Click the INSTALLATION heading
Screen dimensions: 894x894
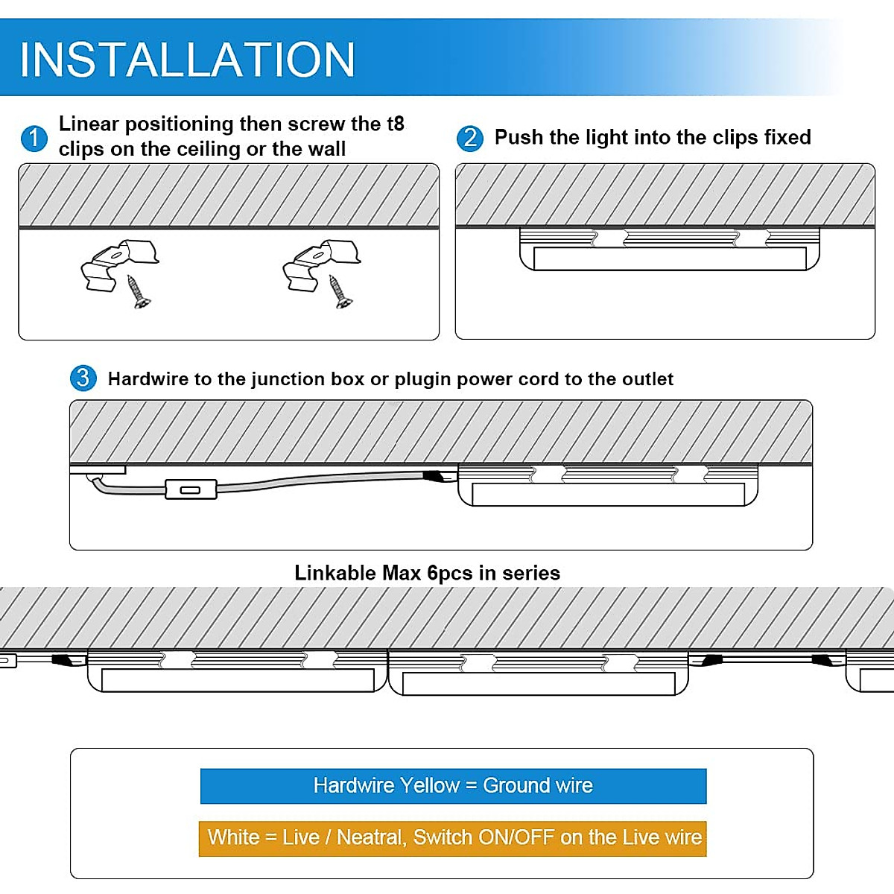[x=187, y=60]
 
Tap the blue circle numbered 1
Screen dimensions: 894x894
[x=34, y=139]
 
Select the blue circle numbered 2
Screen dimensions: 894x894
[x=469, y=138]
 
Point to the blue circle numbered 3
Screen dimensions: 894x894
[x=83, y=378]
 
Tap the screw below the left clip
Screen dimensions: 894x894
[x=138, y=292]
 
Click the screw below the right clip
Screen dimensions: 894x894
[x=340, y=292]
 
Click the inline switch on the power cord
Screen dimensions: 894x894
[x=191, y=489]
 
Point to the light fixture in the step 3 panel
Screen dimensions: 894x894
[x=608, y=486]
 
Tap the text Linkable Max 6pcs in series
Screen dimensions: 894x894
[x=427, y=573]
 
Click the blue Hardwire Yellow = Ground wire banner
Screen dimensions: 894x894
[x=453, y=786]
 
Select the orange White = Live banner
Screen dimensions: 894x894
[x=453, y=838]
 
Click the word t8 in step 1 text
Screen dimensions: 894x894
[x=395, y=124]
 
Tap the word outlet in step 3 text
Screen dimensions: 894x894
[x=647, y=379]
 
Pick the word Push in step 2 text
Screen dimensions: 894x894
[x=519, y=138]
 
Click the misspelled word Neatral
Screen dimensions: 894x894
[x=370, y=837]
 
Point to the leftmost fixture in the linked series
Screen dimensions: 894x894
[x=237, y=670]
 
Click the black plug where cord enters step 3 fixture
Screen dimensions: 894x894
[x=432, y=475]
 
